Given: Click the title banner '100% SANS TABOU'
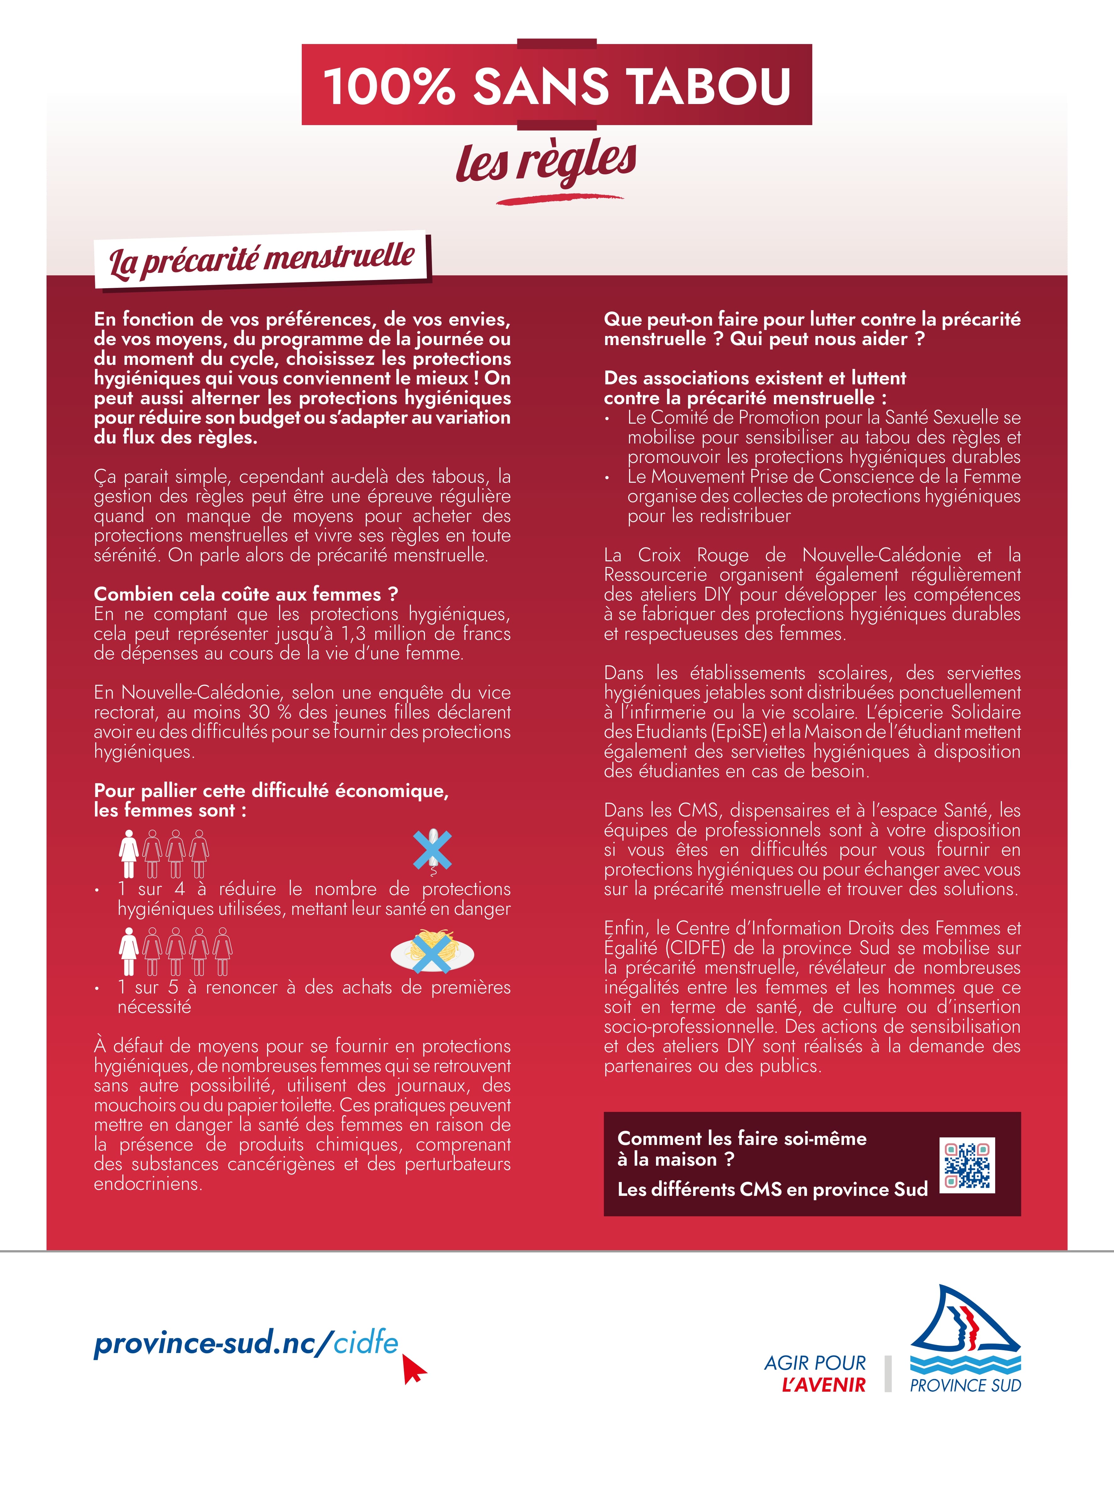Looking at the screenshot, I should click(x=557, y=85).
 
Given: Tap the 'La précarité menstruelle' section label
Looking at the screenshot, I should click(x=262, y=260).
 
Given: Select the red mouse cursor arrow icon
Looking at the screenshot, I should click(x=414, y=1368).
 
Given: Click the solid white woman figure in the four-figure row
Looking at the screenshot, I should click(x=128, y=853).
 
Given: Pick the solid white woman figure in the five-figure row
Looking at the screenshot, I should click(x=128, y=951).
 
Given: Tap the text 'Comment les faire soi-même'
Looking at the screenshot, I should click(x=741, y=1139).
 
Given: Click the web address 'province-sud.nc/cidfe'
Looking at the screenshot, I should click(x=246, y=1343).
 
